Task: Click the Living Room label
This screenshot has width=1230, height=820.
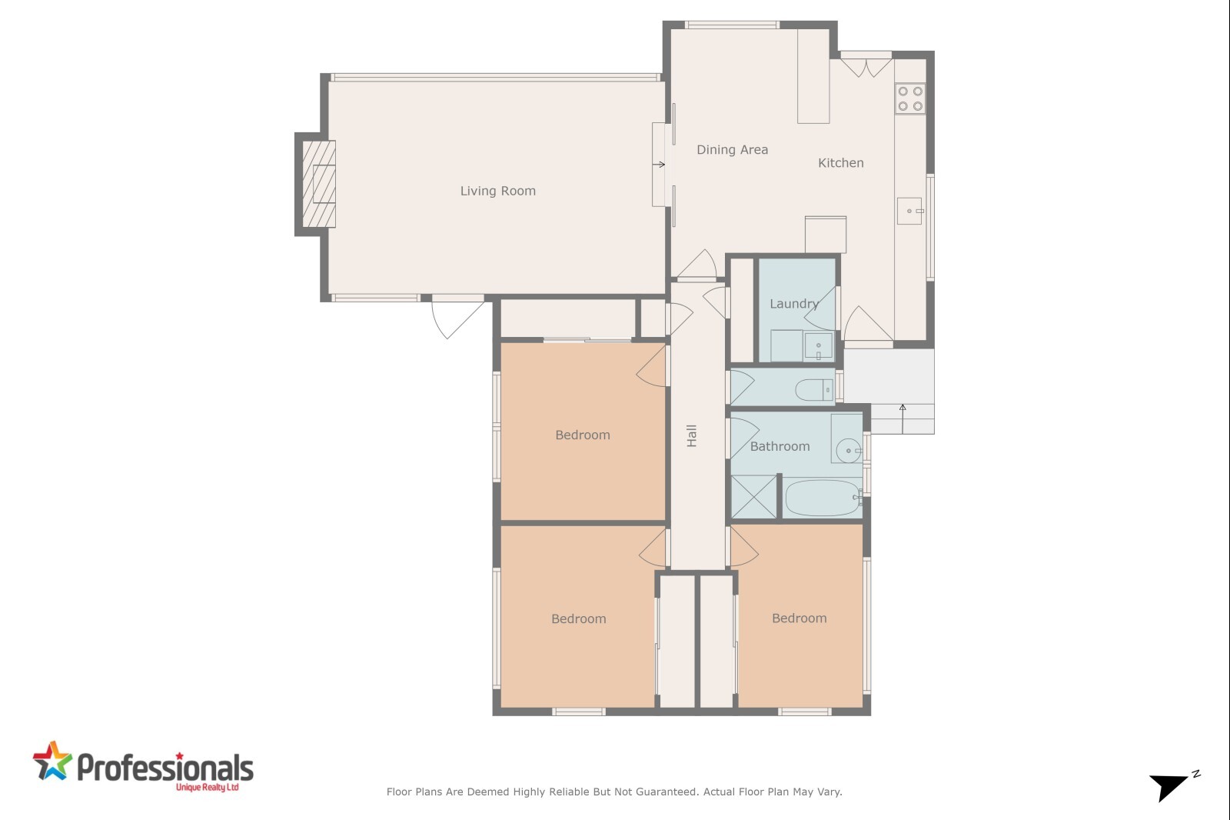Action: (x=497, y=191)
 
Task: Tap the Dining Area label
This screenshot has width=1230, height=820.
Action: (x=732, y=149)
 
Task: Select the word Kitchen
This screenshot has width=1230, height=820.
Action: (x=841, y=162)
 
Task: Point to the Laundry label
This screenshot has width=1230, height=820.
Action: (x=794, y=304)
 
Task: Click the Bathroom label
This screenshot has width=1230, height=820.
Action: (x=780, y=446)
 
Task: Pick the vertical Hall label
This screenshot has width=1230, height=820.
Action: (x=691, y=436)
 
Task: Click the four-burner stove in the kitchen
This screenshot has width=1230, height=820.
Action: (x=910, y=98)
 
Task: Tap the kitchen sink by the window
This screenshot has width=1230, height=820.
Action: (x=910, y=211)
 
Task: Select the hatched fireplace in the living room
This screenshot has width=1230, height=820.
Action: (x=318, y=184)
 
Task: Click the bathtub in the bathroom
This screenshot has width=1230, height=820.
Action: (x=823, y=498)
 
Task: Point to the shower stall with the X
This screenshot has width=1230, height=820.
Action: (x=754, y=497)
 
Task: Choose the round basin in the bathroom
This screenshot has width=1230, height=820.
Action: (x=848, y=451)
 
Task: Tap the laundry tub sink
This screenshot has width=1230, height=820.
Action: (x=818, y=346)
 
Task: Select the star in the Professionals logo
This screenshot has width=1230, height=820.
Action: (x=53, y=762)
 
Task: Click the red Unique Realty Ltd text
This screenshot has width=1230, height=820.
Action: (x=207, y=788)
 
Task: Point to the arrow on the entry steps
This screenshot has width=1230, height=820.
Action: (x=903, y=418)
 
